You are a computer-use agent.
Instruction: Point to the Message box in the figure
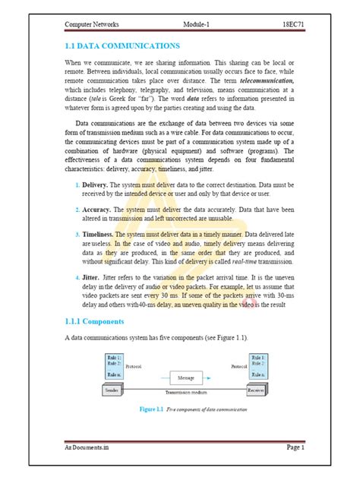[x=185, y=377]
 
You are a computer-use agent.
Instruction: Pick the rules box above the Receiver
[x=256, y=365]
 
